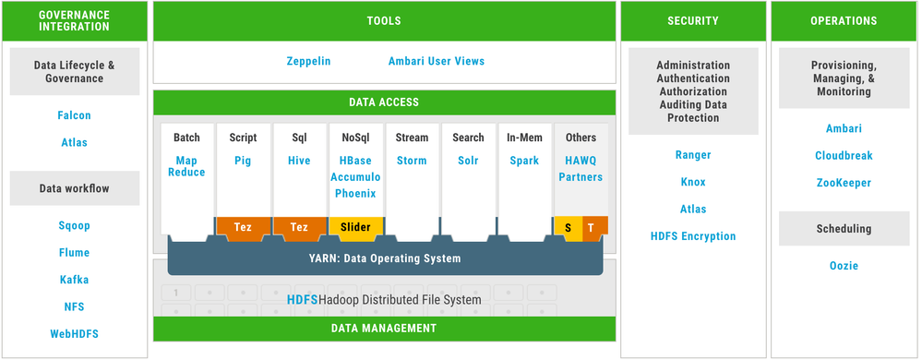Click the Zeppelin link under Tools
point(308,61)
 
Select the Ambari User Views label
point(436,61)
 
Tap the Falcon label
point(75,115)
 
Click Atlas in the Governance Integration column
point(75,142)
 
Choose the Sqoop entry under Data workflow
point(75,225)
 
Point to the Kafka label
point(75,279)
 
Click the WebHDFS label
point(75,333)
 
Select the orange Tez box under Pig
point(244,226)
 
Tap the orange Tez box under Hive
point(300,226)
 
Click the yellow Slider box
point(355,226)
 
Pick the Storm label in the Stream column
point(412,161)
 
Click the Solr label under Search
point(468,161)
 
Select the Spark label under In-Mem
point(524,161)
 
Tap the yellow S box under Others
point(568,226)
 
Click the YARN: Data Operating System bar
point(385,258)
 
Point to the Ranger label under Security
point(693,155)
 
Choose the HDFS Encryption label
point(693,236)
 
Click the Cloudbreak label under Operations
point(844,156)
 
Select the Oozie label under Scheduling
point(844,266)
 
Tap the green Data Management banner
point(384,328)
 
